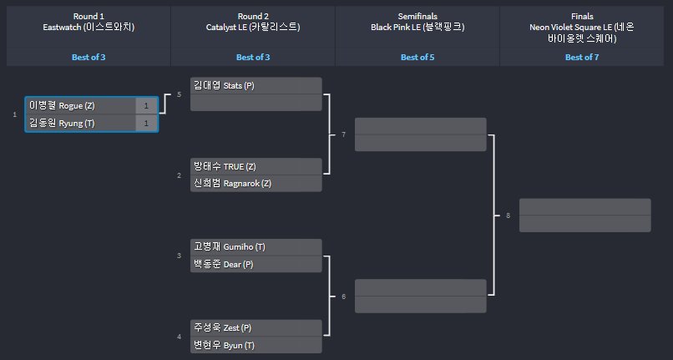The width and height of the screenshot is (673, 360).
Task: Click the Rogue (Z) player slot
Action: point(80,106)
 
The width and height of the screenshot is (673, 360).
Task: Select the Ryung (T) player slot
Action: point(80,123)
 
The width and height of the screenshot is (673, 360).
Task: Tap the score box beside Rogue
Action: point(146,106)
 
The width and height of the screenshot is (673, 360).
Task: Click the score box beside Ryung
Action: point(146,123)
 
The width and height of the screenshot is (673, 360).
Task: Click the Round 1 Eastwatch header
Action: point(89,22)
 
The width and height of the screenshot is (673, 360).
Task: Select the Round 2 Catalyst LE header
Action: point(252,22)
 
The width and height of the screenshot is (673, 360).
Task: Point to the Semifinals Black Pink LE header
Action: point(417,22)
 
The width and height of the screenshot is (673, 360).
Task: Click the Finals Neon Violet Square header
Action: point(582,27)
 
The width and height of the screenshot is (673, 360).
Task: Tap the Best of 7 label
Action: point(582,58)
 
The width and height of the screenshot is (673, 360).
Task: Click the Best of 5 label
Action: point(417,58)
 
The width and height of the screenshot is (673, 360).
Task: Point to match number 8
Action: point(508,215)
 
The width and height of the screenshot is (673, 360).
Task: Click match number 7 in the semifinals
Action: point(343,134)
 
